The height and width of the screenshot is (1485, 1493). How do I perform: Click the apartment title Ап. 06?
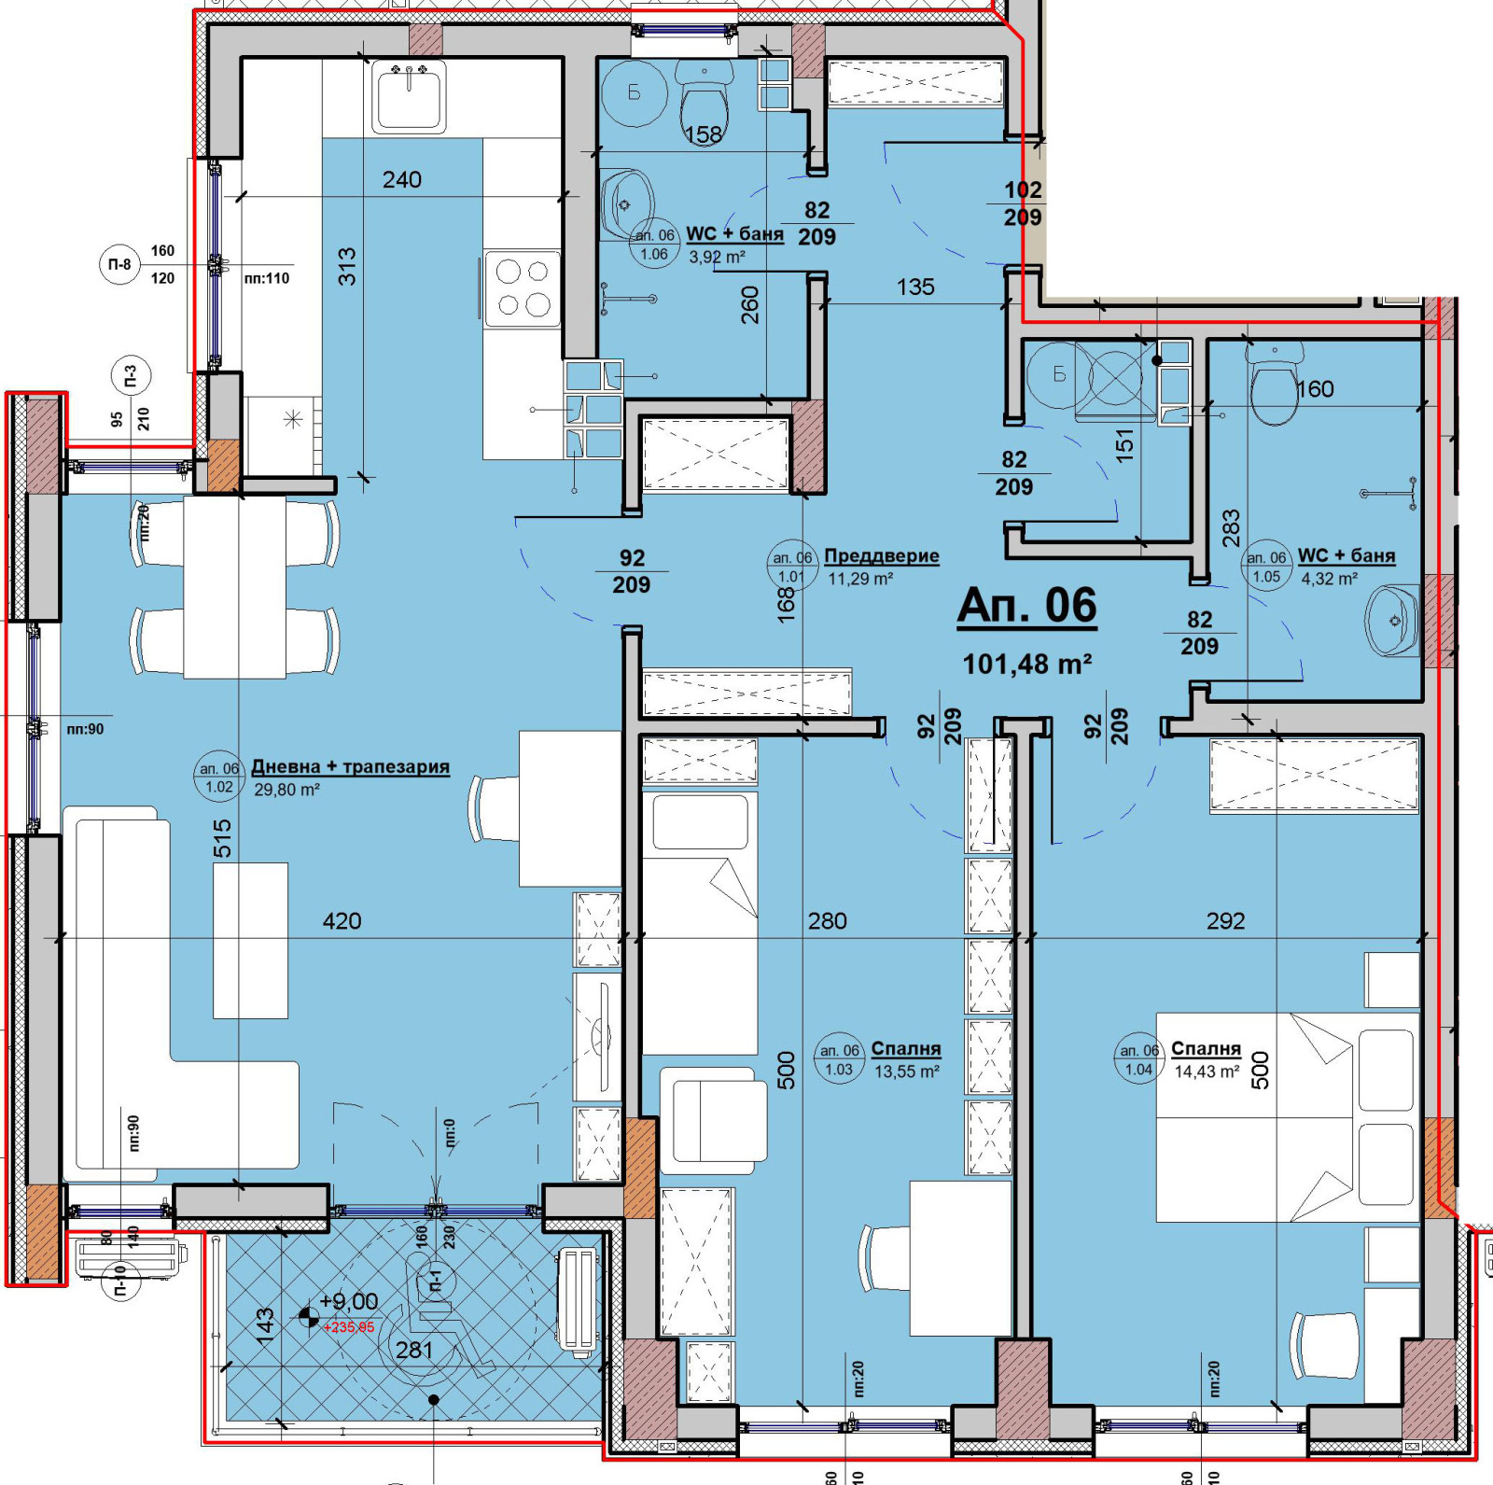(1026, 606)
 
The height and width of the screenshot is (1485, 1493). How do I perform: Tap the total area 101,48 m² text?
(1026, 665)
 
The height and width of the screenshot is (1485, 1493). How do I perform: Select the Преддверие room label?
(881, 556)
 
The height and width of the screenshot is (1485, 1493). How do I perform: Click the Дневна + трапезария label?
(350, 767)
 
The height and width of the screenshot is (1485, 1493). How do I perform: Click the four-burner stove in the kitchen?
(522, 288)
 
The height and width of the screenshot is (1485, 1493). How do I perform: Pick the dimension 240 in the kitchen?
(401, 180)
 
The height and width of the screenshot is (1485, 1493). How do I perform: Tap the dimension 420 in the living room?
(342, 921)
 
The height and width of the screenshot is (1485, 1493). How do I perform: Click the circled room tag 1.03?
(839, 1060)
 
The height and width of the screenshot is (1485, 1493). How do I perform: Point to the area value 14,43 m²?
(1207, 1072)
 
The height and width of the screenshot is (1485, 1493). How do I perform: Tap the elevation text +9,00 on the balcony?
(348, 1301)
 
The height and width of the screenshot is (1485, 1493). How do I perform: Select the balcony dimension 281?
(413, 1350)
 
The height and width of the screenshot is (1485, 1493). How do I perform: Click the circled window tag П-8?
(119, 265)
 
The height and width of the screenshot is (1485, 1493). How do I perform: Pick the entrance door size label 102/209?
(1023, 203)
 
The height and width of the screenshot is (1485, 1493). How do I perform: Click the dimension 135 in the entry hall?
(915, 287)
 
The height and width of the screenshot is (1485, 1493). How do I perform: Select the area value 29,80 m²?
(286, 790)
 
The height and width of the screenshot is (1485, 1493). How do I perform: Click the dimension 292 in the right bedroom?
(1225, 921)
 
